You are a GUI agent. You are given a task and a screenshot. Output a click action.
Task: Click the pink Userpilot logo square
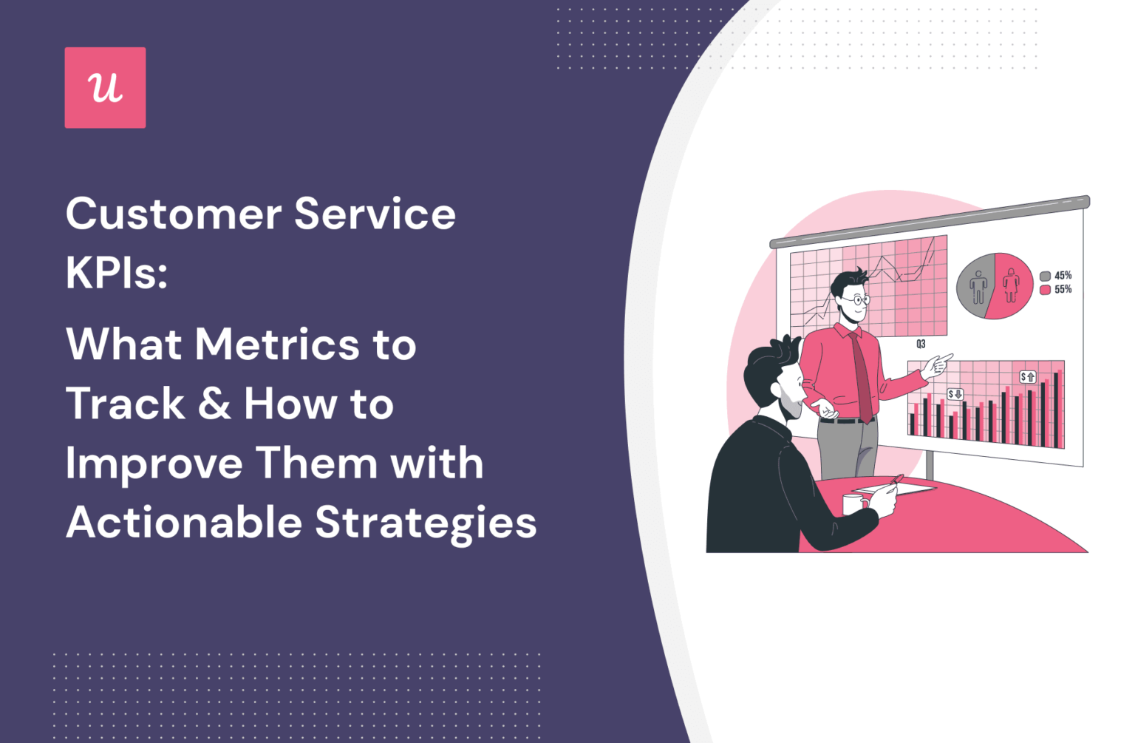pyautogui.click(x=105, y=87)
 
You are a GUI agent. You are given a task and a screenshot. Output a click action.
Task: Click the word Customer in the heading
pyautogui.click(x=173, y=214)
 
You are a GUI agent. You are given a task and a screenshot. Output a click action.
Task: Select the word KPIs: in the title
pyautogui.click(x=117, y=272)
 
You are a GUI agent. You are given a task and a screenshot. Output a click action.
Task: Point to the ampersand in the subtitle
pyautogui.click(x=214, y=404)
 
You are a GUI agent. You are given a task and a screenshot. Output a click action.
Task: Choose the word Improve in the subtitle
pyautogui.click(x=154, y=464)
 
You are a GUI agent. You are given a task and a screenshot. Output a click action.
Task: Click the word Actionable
pyautogui.click(x=184, y=522)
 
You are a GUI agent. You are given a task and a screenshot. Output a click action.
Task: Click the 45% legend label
pyautogui.click(x=1063, y=276)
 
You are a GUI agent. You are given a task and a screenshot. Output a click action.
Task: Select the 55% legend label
pyautogui.click(x=1063, y=289)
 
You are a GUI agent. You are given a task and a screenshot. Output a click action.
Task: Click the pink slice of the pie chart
pyautogui.click(x=1012, y=285)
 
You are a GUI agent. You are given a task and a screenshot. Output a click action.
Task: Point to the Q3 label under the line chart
pyautogui.click(x=921, y=344)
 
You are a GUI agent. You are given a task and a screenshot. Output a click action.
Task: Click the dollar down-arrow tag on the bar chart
pyautogui.click(x=955, y=394)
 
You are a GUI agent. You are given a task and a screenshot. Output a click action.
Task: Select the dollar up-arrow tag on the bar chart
pyautogui.click(x=1028, y=377)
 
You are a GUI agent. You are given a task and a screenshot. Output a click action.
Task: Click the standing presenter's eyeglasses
pyautogui.click(x=858, y=300)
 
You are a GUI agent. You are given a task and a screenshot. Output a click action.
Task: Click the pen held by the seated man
pyautogui.click(x=894, y=481)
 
